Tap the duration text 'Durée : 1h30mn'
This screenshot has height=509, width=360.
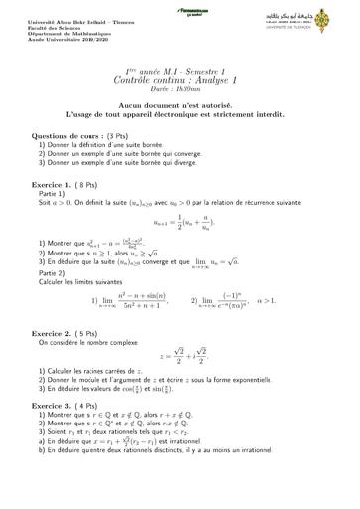pos(180,88)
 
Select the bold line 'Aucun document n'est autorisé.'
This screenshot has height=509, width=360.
pos(180,102)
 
